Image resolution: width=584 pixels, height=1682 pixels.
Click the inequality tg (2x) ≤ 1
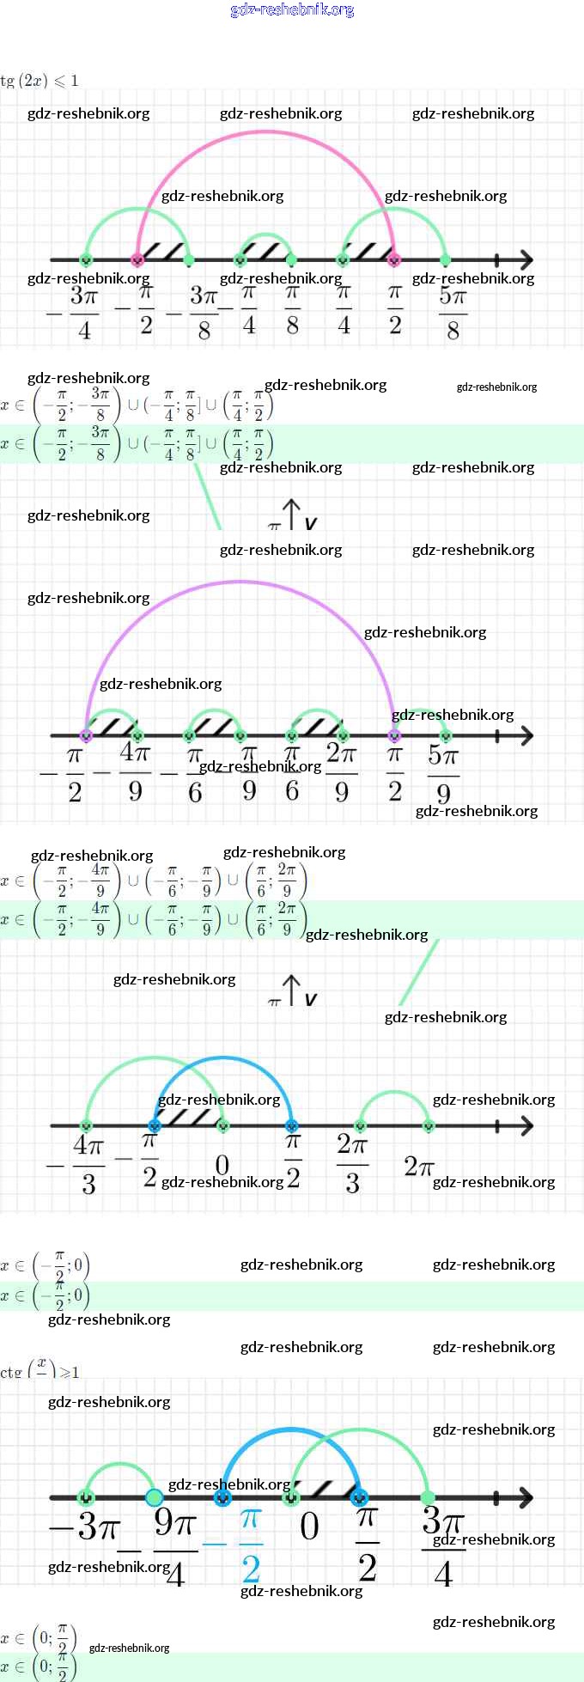click(x=40, y=81)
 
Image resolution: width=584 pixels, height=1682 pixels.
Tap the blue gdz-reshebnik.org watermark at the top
click(x=292, y=10)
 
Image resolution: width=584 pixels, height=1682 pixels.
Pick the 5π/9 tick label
click(x=443, y=773)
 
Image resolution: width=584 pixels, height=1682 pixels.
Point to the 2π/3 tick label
click(x=352, y=1164)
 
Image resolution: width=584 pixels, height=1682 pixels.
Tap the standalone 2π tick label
click(x=418, y=1166)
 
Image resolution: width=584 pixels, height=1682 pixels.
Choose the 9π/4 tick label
click(x=175, y=1546)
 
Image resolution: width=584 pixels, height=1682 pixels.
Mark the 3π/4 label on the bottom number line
click(x=443, y=1546)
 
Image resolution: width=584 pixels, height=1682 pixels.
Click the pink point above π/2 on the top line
click(x=394, y=259)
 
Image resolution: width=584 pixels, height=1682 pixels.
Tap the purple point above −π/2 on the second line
click(x=85, y=735)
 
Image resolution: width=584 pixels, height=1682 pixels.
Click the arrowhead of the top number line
click(x=526, y=259)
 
